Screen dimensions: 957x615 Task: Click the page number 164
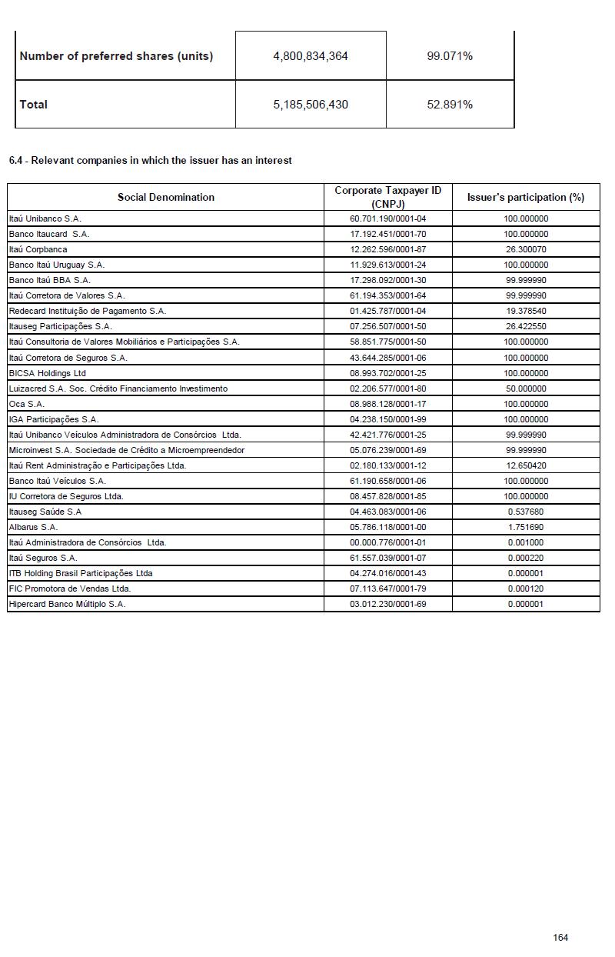pos(560,937)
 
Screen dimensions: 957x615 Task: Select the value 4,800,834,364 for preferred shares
pos(311,56)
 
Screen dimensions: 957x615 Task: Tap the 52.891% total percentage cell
pos(450,105)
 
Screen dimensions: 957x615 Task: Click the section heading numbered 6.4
pos(151,161)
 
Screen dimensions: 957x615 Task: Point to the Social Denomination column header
pos(166,197)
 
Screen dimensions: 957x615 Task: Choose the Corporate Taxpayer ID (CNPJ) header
pos(387,197)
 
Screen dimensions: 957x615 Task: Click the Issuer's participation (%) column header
pos(526,197)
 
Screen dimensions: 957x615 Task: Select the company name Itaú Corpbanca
pos(38,249)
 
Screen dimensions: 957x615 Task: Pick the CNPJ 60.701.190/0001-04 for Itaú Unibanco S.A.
pos(387,218)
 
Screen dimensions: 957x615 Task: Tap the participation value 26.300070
pos(526,249)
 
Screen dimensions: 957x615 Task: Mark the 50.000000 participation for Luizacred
pos(526,388)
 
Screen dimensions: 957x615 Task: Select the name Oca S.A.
pos(27,404)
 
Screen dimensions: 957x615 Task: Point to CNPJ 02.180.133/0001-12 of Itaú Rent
pos(387,465)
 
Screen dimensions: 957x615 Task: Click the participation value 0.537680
pos(526,512)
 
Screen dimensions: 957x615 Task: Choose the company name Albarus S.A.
pos(33,527)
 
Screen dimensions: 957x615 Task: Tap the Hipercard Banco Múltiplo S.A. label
pos(67,604)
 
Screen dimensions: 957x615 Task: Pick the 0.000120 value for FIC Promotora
pos(526,589)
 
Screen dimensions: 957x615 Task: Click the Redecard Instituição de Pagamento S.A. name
pos(87,311)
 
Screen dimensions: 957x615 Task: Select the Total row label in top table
pos(33,105)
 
